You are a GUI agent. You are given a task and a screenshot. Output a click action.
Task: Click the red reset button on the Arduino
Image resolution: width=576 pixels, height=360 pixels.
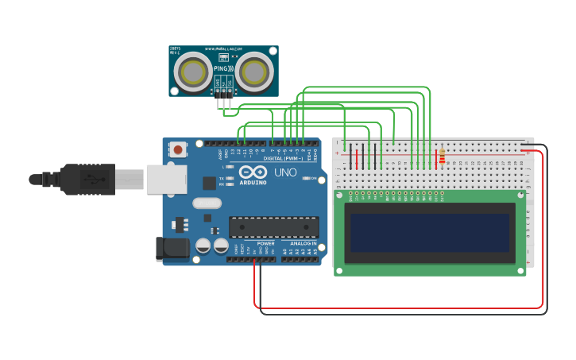pyautogui.click(x=178, y=149)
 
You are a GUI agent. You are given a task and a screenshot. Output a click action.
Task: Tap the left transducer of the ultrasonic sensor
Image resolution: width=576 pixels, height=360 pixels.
pyautogui.click(x=193, y=72)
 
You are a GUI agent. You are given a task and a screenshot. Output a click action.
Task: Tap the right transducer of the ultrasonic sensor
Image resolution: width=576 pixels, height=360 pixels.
pyautogui.click(x=254, y=72)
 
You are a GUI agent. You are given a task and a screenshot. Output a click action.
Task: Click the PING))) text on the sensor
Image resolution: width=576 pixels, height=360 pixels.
pyautogui.click(x=224, y=69)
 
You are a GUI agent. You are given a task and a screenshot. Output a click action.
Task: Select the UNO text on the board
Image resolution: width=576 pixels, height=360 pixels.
pyautogui.click(x=285, y=172)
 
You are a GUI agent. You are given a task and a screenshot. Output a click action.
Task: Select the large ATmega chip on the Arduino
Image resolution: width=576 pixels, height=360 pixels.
pyautogui.click(x=273, y=226)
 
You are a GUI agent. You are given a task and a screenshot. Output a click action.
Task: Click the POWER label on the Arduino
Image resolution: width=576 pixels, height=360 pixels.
pyautogui.click(x=265, y=243)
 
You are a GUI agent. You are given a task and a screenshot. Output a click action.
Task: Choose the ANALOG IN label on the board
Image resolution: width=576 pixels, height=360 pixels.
pyautogui.click(x=302, y=243)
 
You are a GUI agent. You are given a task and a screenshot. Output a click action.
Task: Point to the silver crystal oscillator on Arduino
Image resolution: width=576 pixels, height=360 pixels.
pyautogui.click(x=207, y=202)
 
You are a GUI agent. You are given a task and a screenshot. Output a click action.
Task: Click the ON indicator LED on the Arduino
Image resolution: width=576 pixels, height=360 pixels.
pyautogui.click(x=307, y=178)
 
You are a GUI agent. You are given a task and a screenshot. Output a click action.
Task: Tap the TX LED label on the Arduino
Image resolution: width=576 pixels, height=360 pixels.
pyautogui.click(x=222, y=179)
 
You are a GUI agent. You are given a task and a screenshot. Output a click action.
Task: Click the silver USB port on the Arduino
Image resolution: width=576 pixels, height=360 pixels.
pyautogui.click(x=166, y=179)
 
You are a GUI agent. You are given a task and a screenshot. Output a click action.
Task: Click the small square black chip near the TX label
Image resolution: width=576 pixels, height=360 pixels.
pyautogui.click(x=209, y=183)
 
